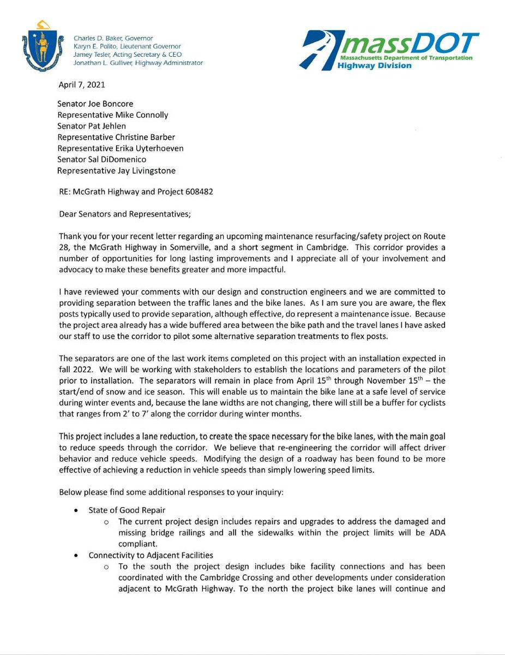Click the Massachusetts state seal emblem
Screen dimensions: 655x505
coord(37,44)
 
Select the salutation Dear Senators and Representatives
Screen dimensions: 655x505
coord(124,214)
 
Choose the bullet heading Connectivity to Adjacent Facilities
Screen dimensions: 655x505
coord(151,555)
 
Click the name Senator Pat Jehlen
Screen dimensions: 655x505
coord(92,126)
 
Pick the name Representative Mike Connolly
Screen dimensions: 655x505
coord(113,115)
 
